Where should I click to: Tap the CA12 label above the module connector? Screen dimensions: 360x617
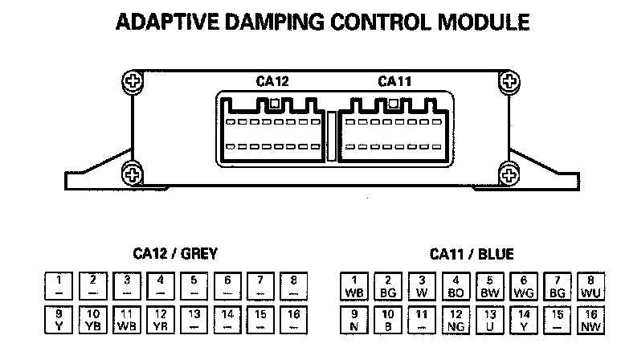click(x=272, y=80)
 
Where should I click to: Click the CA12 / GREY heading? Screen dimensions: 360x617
click(x=174, y=255)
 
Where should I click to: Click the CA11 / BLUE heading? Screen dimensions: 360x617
click(x=472, y=255)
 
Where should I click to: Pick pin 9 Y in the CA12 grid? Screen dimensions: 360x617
click(x=59, y=320)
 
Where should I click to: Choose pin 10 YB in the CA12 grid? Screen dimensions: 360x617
click(x=93, y=320)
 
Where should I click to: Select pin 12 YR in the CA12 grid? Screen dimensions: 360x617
click(x=161, y=320)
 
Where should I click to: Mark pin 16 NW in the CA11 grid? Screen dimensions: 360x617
click(x=590, y=320)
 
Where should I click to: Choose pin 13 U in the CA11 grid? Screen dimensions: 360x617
click(x=489, y=320)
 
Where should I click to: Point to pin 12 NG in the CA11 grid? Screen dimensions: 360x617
click(x=456, y=320)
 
